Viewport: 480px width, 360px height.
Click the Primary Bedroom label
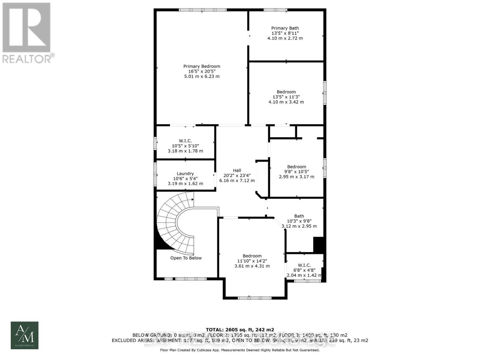202,66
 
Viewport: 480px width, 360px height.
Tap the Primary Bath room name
285,28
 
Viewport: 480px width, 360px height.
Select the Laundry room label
185,173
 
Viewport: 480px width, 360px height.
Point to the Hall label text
237,170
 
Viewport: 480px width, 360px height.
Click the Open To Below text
186,258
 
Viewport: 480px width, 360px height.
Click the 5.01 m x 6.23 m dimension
202,76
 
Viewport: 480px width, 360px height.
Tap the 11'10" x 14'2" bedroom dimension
252,261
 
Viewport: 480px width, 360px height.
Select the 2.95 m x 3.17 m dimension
296,177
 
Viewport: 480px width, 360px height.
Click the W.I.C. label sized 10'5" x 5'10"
185,141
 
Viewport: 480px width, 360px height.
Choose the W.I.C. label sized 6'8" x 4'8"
304,265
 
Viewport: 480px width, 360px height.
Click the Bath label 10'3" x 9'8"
299,216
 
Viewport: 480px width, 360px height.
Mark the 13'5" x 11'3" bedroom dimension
286,97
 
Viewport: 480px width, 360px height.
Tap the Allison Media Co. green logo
25,335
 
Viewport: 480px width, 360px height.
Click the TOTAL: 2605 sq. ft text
240,330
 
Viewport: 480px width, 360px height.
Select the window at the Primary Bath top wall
275,10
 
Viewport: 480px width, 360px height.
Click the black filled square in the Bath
318,244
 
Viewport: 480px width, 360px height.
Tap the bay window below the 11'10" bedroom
254,298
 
